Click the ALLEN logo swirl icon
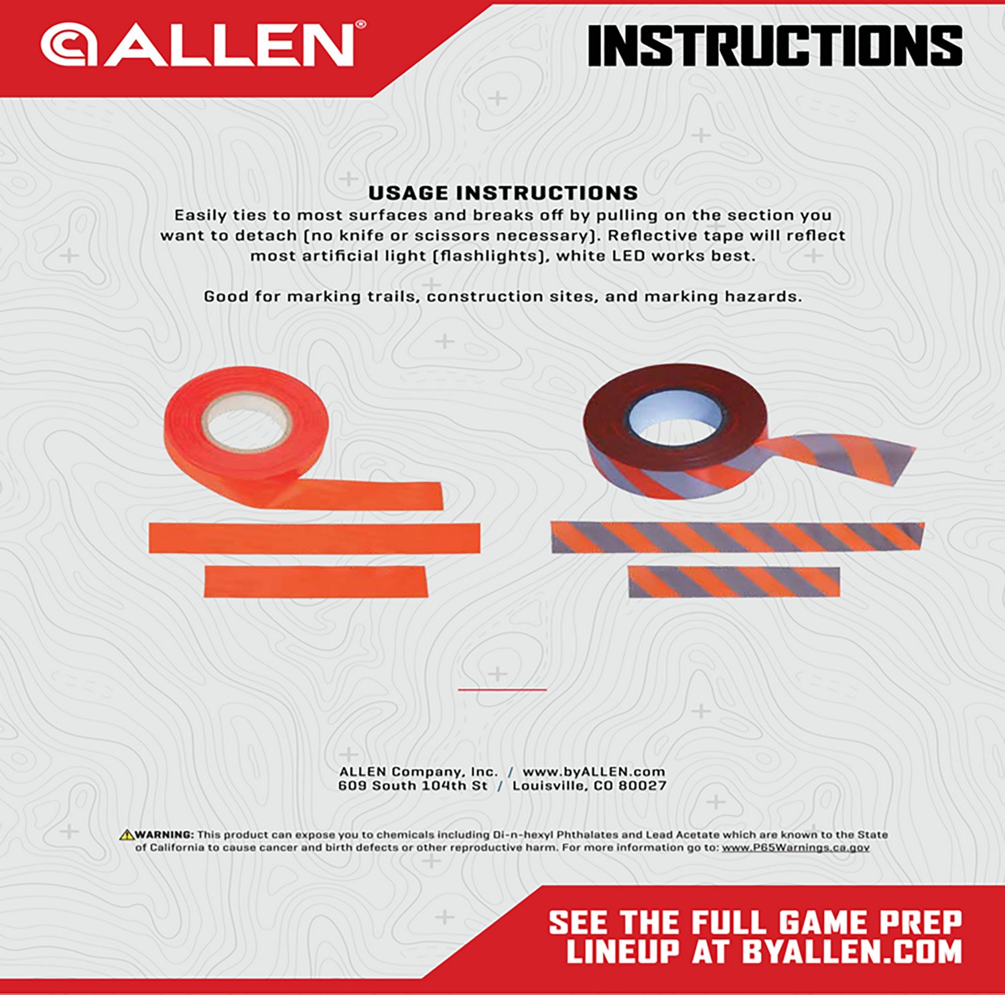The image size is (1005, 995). coord(68,44)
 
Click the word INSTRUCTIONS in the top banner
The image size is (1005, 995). coord(775,46)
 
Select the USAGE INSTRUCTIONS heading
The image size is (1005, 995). coord(503,193)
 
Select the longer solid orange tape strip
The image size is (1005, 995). coord(314,538)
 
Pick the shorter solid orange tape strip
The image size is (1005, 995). coord(315,581)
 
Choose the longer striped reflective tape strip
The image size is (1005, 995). coord(737,537)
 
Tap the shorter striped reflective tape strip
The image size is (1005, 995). coord(734,581)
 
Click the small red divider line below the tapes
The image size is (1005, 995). coord(502,689)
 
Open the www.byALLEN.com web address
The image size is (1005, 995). coord(594,772)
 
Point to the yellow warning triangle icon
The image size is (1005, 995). coord(126,835)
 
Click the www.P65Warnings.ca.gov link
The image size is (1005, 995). coord(795,847)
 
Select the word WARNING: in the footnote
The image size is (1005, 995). coord(165,835)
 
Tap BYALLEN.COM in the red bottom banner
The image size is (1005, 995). coord(852,952)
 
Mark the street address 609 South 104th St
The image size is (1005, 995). coord(413,786)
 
